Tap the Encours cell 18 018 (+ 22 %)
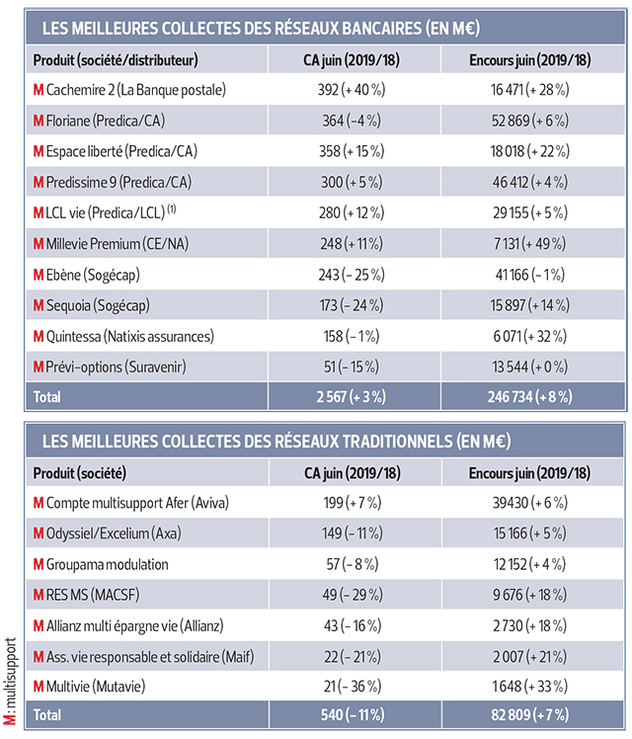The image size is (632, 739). pyautogui.click(x=529, y=152)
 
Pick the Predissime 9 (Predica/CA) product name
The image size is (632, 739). pyautogui.click(x=129, y=183)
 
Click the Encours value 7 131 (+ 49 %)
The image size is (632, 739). pyautogui.click(x=529, y=244)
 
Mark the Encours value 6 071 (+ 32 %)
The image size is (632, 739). pyautogui.click(x=529, y=336)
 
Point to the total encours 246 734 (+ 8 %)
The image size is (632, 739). pyautogui.click(x=529, y=397)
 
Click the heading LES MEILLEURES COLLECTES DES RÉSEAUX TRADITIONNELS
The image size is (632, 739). pyautogui.click(x=272, y=440)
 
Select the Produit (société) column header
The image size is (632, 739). pyautogui.click(x=85, y=472)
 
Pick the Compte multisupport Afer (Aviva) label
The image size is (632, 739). pyautogui.click(x=137, y=503)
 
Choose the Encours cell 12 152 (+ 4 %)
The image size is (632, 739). pyautogui.click(x=529, y=564)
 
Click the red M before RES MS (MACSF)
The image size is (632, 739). pyautogui.click(x=39, y=595)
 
